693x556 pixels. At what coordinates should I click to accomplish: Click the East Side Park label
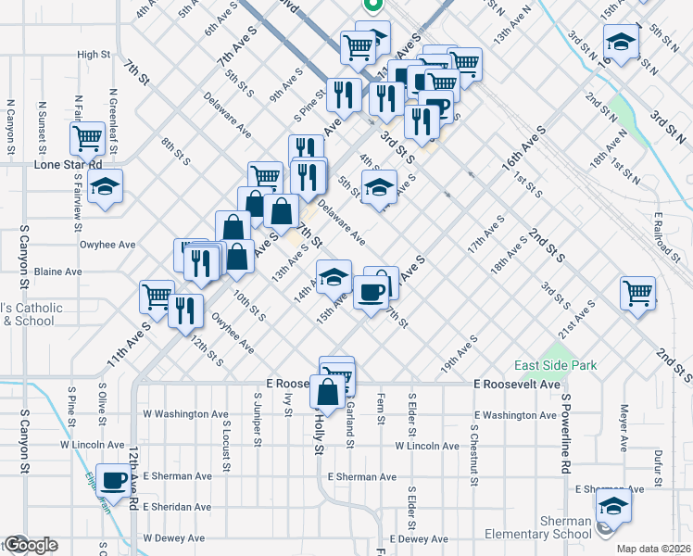(x=552, y=366)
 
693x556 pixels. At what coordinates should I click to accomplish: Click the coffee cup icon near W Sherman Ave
(x=114, y=480)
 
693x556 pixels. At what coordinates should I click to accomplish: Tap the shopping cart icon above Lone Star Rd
(x=87, y=139)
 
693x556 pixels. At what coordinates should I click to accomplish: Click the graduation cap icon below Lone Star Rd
(x=106, y=185)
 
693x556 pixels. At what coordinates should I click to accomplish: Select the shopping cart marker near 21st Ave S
(x=638, y=293)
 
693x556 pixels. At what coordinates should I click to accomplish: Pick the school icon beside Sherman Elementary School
(x=612, y=507)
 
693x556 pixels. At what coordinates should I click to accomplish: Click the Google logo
(x=30, y=545)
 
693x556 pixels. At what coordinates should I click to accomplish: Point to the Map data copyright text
(x=653, y=549)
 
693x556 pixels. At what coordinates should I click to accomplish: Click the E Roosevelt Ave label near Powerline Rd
(x=518, y=384)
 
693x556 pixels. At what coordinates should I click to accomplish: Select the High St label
(x=94, y=55)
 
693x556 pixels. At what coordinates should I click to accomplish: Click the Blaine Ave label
(x=58, y=272)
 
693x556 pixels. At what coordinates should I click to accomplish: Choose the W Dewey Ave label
(x=173, y=537)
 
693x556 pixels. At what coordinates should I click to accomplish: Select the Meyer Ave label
(x=625, y=426)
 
